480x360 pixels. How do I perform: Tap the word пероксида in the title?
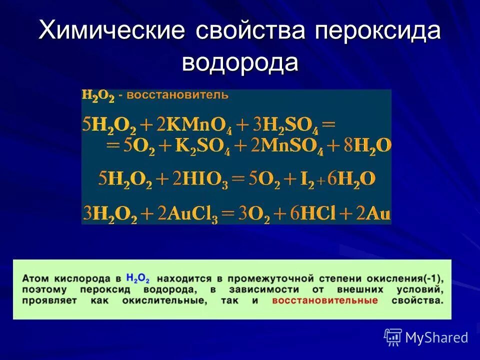point(378,31)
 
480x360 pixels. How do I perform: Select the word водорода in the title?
point(240,62)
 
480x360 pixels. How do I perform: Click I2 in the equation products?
point(306,180)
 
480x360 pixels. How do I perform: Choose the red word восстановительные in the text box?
point(325,301)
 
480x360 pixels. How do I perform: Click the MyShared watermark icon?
point(393,337)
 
